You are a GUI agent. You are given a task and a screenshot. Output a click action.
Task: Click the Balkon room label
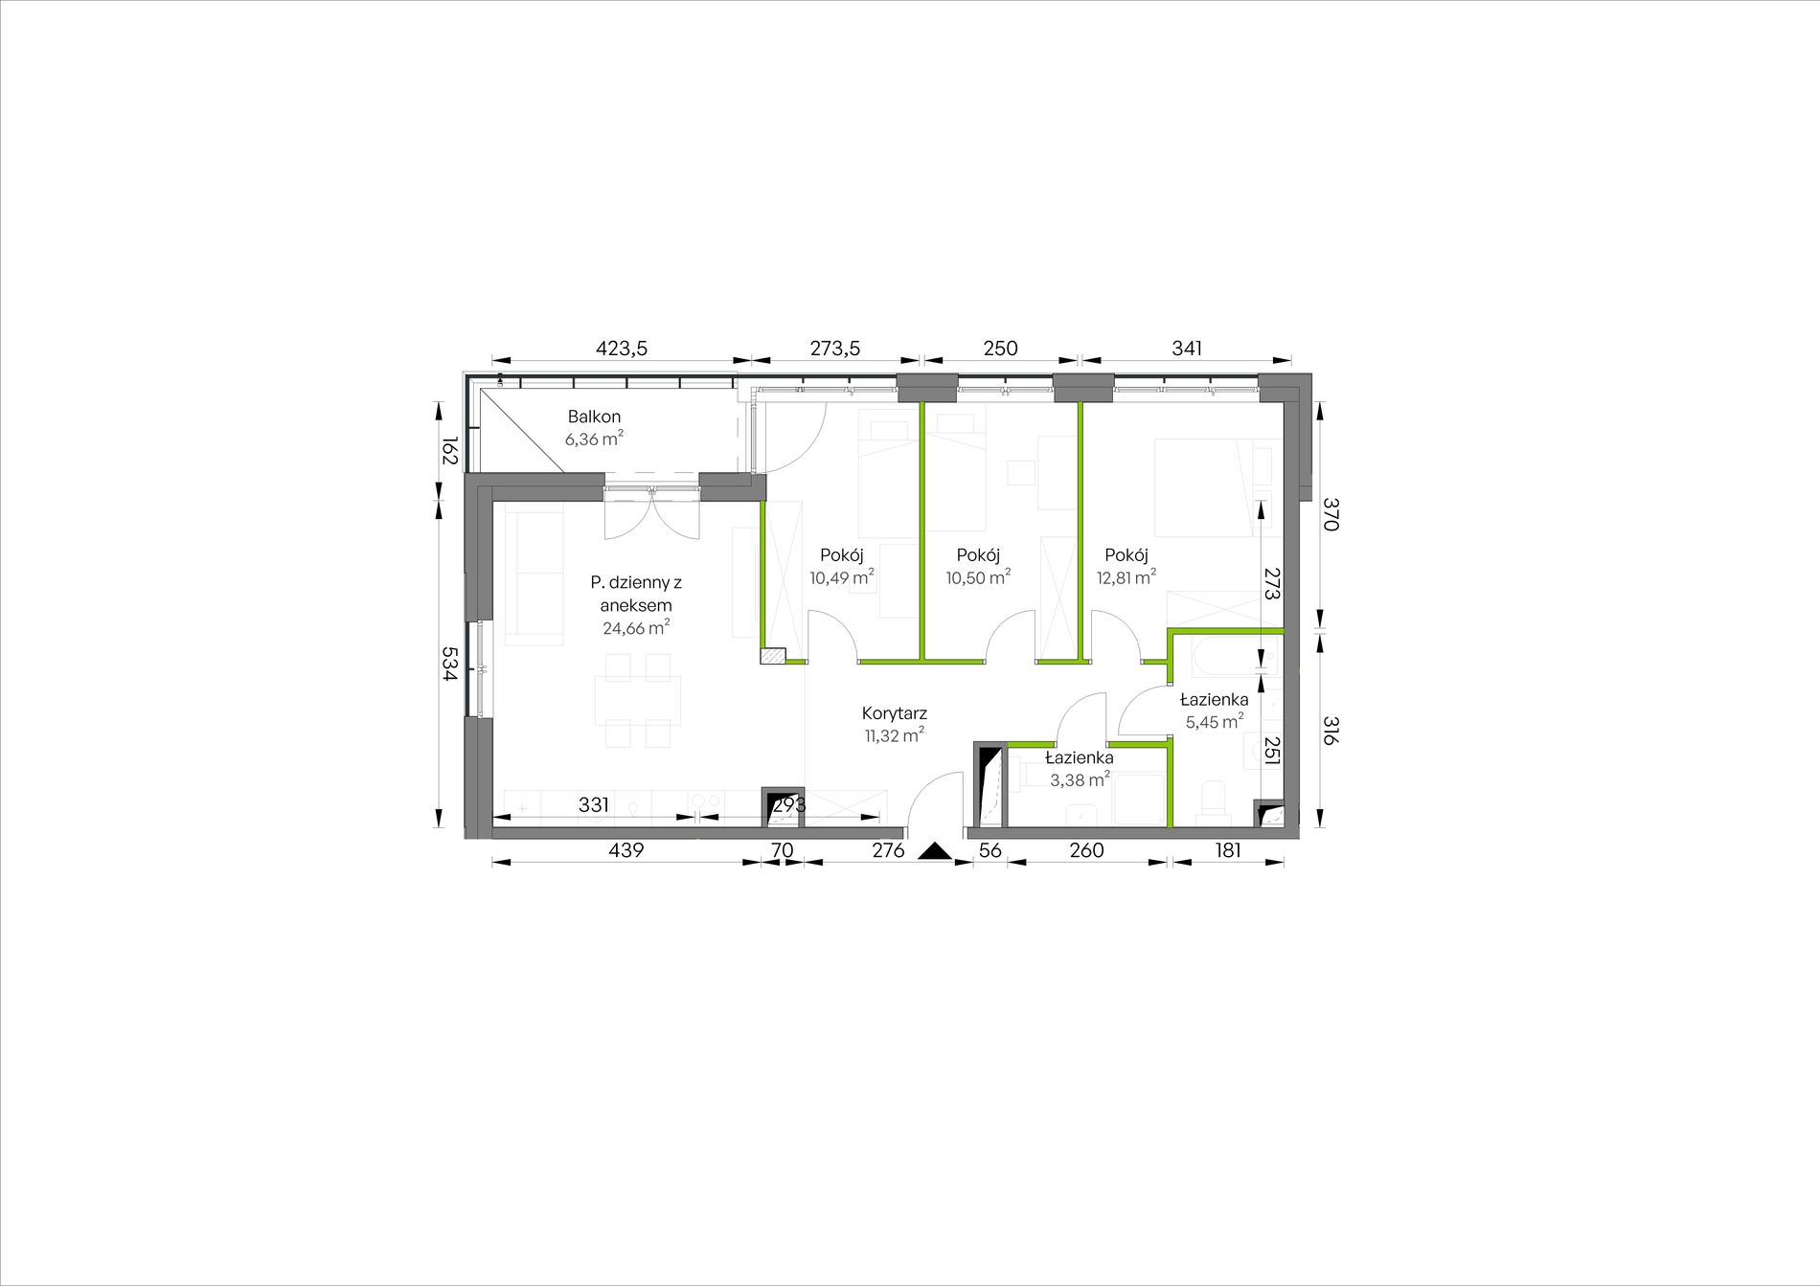pyautogui.click(x=594, y=417)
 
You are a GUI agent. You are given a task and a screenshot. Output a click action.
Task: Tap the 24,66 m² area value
pyautogui.click(x=636, y=628)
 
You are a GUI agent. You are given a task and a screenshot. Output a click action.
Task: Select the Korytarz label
pyautogui.click(x=895, y=713)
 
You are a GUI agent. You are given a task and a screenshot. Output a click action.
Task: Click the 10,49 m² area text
pyautogui.click(x=842, y=576)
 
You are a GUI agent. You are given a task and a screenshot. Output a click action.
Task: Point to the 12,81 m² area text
pyautogui.click(x=1126, y=576)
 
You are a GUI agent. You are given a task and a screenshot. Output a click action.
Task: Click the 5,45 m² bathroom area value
pyautogui.click(x=1215, y=721)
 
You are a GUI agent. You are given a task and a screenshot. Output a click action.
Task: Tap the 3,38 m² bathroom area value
pyautogui.click(x=1080, y=779)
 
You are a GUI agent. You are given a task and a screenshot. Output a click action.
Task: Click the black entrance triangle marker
pyautogui.click(x=934, y=851)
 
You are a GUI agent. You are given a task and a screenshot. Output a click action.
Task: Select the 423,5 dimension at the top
pyautogui.click(x=622, y=349)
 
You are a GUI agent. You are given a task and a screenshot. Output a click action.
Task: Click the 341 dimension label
pyautogui.click(x=1186, y=349)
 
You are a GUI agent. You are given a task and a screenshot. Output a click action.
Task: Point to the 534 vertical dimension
pyautogui.click(x=448, y=664)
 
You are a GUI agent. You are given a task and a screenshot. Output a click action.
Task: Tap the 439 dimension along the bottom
pyautogui.click(x=626, y=849)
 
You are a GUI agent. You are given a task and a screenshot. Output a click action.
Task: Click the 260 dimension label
pyautogui.click(x=1086, y=849)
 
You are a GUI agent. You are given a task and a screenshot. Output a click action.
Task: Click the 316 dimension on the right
pyautogui.click(x=1331, y=732)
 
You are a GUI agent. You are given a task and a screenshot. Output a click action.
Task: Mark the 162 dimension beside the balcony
pyautogui.click(x=448, y=451)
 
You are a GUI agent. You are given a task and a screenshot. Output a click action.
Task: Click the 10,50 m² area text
pyautogui.click(x=978, y=576)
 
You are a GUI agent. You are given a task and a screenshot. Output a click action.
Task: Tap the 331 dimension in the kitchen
pyautogui.click(x=594, y=804)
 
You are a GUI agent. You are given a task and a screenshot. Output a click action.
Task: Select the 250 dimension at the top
pyautogui.click(x=1000, y=349)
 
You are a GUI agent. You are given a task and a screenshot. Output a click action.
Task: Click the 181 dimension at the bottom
pyautogui.click(x=1227, y=849)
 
